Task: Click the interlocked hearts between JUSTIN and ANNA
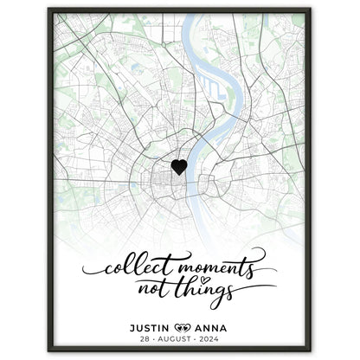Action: pos(181,327)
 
